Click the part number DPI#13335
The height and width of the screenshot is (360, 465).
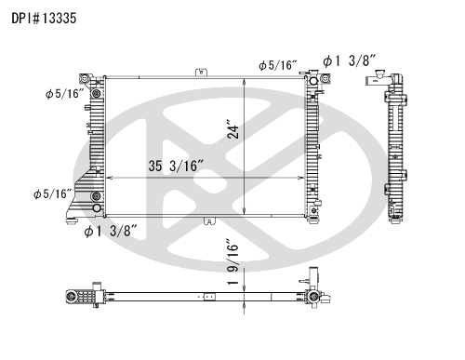pyautogui.click(x=44, y=19)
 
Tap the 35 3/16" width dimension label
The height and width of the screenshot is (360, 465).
pyautogui.click(x=176, y=166)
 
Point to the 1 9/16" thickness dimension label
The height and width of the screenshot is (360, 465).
pyautogui.click(x=233, y=261)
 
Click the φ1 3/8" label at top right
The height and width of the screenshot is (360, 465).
pyautogui.click(x=350, y=60)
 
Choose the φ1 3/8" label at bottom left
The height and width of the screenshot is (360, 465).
pyautogui.click(x=111, y=231)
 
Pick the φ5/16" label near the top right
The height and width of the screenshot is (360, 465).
pyautogui.click(x=278, y=65)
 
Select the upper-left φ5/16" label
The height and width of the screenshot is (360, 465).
pyautogui.click(x=64, y=94)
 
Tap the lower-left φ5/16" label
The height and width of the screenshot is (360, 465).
pyautogui.click(x=52, y=194)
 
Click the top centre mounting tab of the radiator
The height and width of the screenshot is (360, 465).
pyautogui.click(x=201, y=73)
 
